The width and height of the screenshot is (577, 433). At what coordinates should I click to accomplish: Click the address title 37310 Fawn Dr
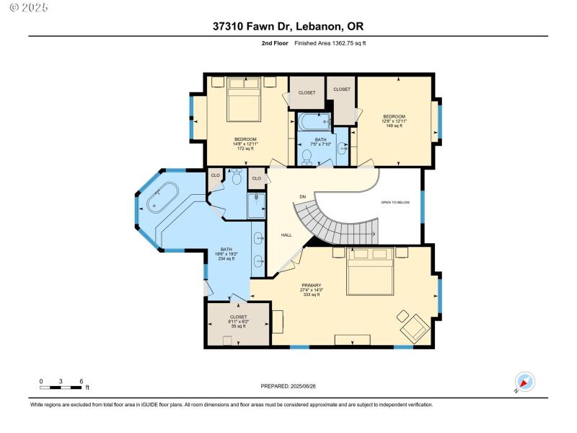(288, 27)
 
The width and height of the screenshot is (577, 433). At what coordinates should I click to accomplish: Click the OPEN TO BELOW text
(395, 203)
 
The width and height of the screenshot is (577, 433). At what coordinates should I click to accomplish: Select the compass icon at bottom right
(524, 382)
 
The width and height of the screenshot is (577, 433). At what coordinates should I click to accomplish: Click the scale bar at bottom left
(62, 389)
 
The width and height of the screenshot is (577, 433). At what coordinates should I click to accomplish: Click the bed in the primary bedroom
(371, 272)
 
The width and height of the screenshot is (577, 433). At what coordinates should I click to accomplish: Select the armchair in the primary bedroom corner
(413, 327)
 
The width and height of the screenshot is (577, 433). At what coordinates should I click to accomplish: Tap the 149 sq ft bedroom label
(394, 121)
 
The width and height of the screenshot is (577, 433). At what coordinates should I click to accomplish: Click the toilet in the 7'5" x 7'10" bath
(307, 156)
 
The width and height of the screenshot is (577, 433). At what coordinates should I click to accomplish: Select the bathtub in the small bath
(313, 121)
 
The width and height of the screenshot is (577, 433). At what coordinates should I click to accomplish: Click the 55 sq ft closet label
(238, 321)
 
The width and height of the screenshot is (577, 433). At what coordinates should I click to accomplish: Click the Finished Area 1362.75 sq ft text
(330, 43)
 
